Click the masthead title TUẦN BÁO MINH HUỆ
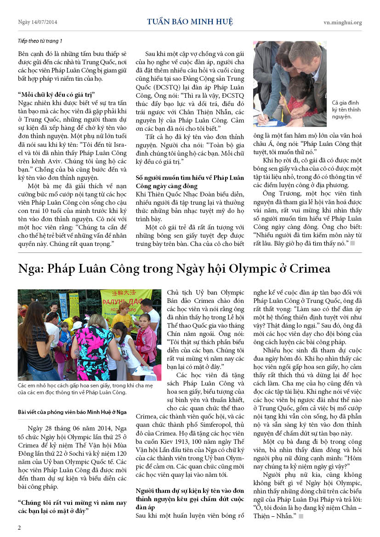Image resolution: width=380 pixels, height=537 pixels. [x=190, y=22]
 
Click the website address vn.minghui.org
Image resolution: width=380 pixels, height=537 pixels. [x=342, y=22]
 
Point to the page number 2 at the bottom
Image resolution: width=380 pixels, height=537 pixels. [x=19, y=527]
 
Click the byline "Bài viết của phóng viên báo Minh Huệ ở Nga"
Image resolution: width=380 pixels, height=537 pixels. [x=72, y=412]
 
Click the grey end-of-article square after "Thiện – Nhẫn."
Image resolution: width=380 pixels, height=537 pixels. [x=301, y=516]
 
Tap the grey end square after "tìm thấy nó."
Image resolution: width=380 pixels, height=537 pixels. [x=352, y=243]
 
